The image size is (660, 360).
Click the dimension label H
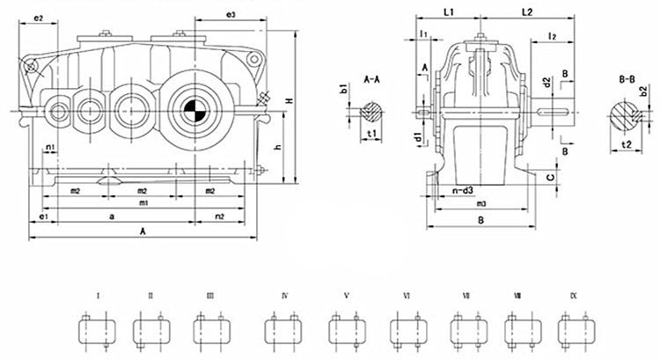(289, 103)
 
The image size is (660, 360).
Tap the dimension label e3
(231, 16)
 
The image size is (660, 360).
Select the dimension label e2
(38, 18)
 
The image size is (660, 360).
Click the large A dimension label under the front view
(143, 231)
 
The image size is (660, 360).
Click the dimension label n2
(220, 216)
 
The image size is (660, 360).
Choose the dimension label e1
(42, 216)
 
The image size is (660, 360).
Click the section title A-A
(371, 80)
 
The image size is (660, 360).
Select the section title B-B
(627, 80)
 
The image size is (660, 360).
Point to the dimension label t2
(627, 142)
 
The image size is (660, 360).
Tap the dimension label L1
(448, 13)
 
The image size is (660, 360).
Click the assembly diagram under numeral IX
(574, 331)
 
